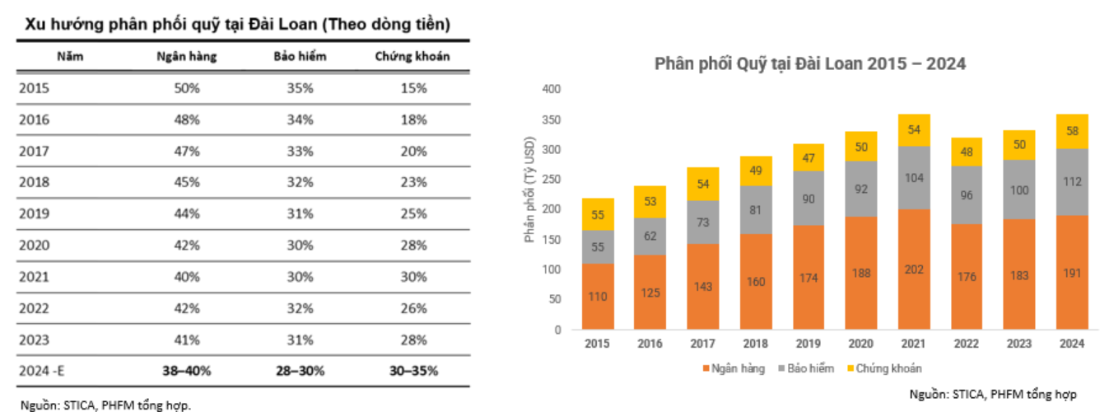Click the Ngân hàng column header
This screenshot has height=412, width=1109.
186,57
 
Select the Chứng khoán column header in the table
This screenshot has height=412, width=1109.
412,57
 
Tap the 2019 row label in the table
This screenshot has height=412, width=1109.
34,213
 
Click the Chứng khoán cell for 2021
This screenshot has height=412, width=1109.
412,276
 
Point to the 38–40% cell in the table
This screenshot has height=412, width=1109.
187,370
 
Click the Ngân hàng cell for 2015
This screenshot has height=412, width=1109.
187,88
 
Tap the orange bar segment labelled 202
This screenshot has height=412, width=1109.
914,269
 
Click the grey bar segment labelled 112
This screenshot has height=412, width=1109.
1072,182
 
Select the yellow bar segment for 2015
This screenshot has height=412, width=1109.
598,214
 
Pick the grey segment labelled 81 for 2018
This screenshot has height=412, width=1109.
756,209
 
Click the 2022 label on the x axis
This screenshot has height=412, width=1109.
967,344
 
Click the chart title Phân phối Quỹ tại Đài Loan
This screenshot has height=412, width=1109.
809,63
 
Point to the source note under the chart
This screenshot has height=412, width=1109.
993,394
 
